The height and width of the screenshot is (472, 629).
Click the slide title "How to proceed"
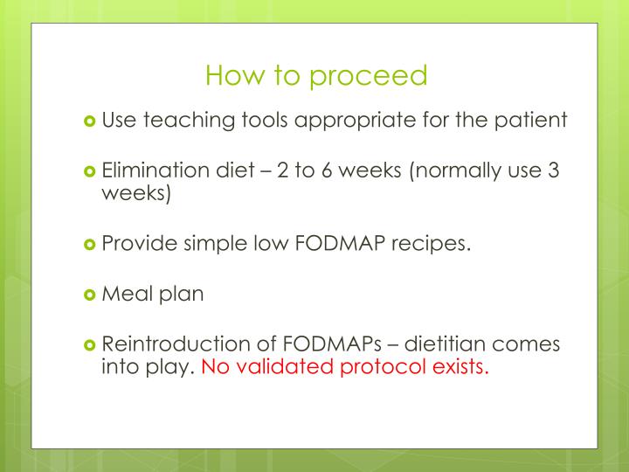[x=316, y=76]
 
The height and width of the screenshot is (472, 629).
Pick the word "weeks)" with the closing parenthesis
[x=137, y=192]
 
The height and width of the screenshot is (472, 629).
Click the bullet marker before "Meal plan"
[x=90, y=295]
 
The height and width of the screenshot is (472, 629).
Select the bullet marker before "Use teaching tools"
[x=90, y=121]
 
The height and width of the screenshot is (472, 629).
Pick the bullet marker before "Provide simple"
[x=90, y=244]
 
